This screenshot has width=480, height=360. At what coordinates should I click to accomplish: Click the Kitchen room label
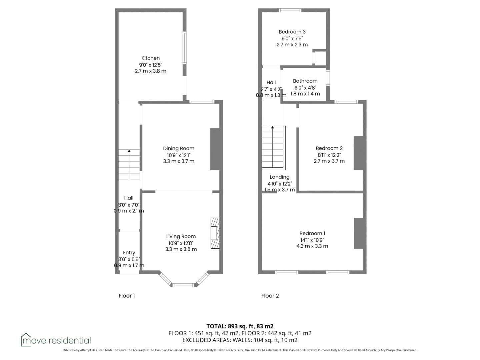(x=150, y=58)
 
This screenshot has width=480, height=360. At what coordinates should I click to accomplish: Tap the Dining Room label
(x=179, y=148)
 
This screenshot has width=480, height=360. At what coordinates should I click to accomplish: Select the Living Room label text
(x=181, y=237)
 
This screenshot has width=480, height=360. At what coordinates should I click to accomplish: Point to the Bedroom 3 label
(x=292, y=32)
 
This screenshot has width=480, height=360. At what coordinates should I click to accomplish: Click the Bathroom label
(x=305, y=81)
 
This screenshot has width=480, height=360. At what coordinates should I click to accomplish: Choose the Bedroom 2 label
(x=329, y=148)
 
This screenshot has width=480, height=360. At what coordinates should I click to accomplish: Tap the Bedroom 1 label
(x=312, y=233)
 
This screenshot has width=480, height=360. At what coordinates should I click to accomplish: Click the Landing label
(x=279, y=177)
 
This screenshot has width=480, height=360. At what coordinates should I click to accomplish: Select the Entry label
(x=129, y=253)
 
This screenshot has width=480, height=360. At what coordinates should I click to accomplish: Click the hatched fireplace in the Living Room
(x=215, y=233)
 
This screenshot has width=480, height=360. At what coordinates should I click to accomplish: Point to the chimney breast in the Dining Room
(x=215, y=149)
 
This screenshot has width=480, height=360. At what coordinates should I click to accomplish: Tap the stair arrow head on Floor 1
(x=129, y=151)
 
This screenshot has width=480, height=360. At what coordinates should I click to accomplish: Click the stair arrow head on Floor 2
(x=272, y=127)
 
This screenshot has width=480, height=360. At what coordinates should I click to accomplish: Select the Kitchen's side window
(x=185, y=48)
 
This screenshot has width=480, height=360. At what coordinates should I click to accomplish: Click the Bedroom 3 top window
(x=290, y=10)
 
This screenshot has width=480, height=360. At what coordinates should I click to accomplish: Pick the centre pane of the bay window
(x=183, y=285)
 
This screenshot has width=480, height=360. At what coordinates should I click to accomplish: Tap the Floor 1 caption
(x=127, y=296)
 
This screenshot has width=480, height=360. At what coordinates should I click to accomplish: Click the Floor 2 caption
(x=270, y=296)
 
